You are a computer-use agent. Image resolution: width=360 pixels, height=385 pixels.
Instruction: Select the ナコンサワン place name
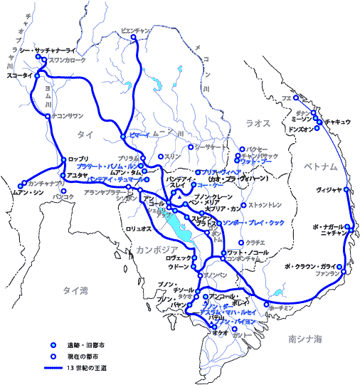(68, 115)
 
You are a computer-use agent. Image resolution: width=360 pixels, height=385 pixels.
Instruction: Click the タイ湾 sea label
(75, 290)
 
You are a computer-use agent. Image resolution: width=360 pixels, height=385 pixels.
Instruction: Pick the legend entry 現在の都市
(83, 355)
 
